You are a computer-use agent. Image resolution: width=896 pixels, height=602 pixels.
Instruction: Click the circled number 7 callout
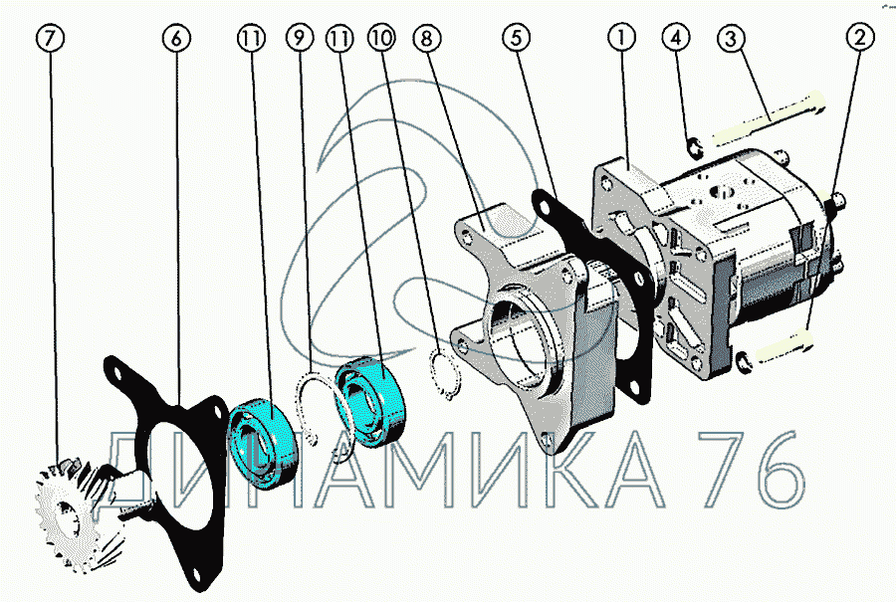(x=51, y=38)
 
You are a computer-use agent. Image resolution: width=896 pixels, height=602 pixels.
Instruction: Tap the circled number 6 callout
(x=176, y=38)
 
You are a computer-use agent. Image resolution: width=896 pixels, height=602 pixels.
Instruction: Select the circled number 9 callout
(x=300, y=38)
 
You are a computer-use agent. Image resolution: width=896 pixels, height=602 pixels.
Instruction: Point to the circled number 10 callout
(x=381, y=38)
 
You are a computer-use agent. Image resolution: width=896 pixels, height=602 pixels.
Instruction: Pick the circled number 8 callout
(x=426, y=38)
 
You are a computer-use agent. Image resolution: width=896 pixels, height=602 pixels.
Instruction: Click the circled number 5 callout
(x=517, y=38)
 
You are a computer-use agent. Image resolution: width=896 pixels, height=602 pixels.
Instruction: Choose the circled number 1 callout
(x=621, y=38)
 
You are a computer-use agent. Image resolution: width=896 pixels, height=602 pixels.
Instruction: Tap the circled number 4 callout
(x=676, y=38)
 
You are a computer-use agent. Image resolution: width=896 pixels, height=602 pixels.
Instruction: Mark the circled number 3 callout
(x=732, y=38)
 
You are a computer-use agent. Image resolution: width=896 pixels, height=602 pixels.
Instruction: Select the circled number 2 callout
(x=860, y=38)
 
